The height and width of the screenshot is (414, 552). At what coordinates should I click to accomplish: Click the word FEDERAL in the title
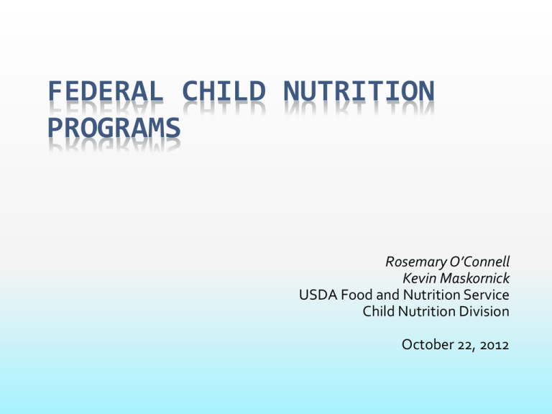tap(106, 91)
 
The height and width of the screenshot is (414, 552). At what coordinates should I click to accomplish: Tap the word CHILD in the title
tap(224, 91)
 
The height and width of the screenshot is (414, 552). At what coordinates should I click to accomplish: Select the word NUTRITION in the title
tap(359, 91)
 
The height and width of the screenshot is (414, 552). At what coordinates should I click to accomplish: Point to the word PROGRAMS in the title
tap(114, 128)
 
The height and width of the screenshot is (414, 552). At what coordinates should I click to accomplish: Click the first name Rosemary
tap(415, 262)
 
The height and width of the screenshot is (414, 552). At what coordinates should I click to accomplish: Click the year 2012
tap(494, 345)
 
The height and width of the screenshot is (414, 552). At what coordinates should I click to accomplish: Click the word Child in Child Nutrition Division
tap(379, 311)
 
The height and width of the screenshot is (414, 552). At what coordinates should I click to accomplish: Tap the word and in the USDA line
tap(387, 295)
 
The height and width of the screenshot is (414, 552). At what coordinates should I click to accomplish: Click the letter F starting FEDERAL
tap(54, 91)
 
